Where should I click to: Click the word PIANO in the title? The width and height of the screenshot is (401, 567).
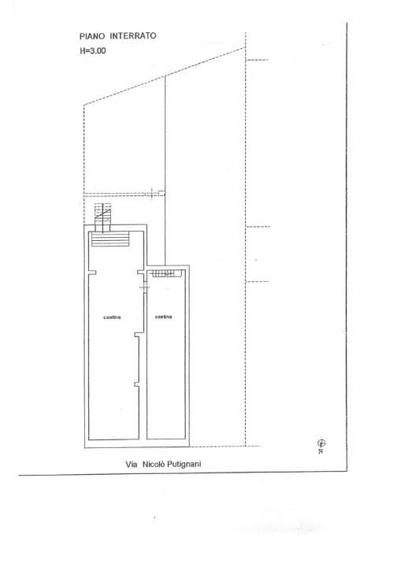pyautogui.click(x=92, y=36)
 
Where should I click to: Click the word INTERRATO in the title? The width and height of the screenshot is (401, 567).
pyautogui.click(x=133, y=35)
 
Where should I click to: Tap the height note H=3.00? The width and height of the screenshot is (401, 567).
pyautogui.click(x=93, y=50)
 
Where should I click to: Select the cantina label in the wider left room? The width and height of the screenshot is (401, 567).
pyautogui.click(x=112, y=317)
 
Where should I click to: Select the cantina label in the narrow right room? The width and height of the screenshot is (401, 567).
pyautogui.click(x=164, y=317)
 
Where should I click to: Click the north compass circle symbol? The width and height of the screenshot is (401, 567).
pyautogui.click(x=321, y=443)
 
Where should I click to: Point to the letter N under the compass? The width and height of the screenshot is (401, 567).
pyautogui.click(x=321, y=451)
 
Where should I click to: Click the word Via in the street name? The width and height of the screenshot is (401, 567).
pyautogui.click(x=132, y=465)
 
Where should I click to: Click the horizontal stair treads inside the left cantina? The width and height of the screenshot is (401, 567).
pyautogui.click(x=110, y=239)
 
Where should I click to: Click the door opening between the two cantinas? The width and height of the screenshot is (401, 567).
pyautogui.click(x=144, y=287)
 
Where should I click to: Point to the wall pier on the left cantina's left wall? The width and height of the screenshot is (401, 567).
pyautogui.click(x=93, y=272)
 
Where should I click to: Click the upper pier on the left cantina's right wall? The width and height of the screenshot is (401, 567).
pyautogui.click(x=141, y=272)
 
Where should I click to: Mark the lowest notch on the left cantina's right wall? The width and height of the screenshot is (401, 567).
pyautogui.click(x=137, y=384)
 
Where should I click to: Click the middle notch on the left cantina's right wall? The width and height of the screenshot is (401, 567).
pyautogui.click(x=137, y=335)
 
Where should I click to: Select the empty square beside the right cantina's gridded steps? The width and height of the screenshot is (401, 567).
pyautogui.click(x=177, y=274)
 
